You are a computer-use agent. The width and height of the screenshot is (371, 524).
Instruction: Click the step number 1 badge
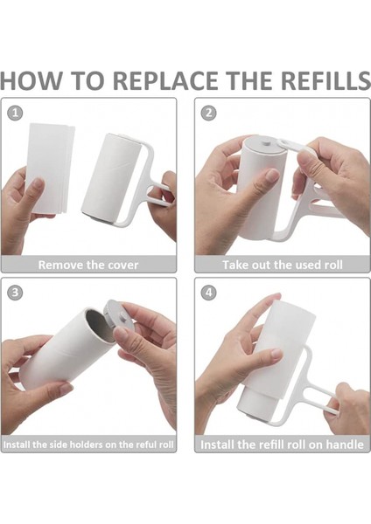point(15,113)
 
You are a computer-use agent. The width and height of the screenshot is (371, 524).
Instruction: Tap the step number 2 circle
point(208,113)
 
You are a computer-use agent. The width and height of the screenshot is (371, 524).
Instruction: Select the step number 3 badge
point(15,293)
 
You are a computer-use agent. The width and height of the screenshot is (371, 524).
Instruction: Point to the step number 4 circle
point(208,293)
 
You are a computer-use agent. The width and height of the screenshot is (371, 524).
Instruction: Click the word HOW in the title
point(31,81)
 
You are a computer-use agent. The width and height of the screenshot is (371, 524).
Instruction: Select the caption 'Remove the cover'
point(88,265)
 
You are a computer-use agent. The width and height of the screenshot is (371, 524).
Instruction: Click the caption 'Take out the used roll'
point(283,265)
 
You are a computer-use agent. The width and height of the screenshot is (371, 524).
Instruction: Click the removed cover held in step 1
point(50,169)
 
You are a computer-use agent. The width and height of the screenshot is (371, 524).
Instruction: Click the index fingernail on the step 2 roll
point(272,175)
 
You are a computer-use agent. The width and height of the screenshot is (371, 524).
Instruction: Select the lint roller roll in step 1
point(111,176)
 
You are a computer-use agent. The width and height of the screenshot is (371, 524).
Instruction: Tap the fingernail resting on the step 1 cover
point(38,183)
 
